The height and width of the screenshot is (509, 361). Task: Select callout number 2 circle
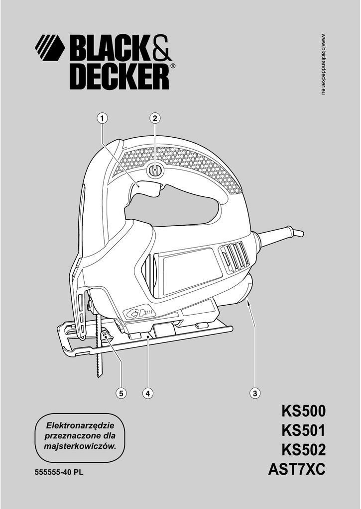155,118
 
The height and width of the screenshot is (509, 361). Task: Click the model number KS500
303,412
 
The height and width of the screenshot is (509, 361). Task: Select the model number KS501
303,431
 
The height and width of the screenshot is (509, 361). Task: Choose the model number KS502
303,450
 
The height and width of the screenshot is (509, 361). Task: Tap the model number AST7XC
297,469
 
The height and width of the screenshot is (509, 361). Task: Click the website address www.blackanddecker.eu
323,65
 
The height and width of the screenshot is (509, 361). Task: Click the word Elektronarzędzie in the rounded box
80,426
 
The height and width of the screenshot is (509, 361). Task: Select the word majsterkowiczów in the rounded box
80,446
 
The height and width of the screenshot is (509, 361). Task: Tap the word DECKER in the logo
119,77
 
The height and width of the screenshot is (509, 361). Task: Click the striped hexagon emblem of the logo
50,48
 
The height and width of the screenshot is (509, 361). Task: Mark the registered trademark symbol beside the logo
172,66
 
